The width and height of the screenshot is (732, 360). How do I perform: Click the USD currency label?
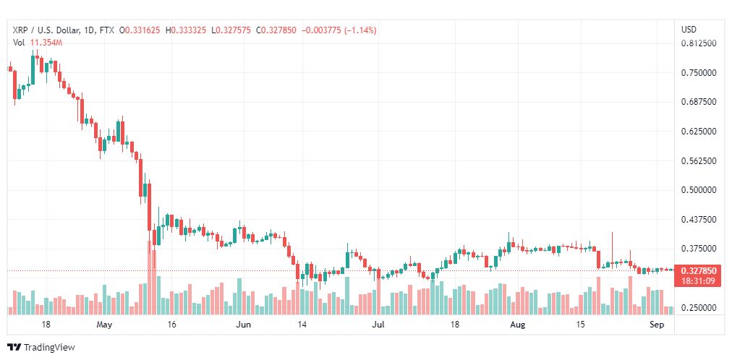[x=689, y=30]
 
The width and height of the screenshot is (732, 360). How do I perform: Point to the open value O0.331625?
[x=140, y=30]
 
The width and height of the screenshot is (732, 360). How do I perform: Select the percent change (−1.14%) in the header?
[x=360, y=30]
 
